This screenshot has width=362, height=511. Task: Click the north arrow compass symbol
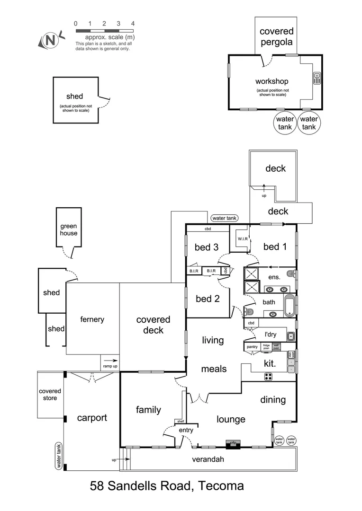(x=48, y=41)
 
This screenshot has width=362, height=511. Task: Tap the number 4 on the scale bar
(x=133, y=23)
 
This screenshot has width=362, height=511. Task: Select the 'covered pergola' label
(x=276, y=36)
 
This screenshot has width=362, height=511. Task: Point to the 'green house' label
(x=68, y=229)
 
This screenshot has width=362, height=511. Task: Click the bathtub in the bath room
(x=290, y=306)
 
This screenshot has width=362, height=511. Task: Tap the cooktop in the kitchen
(x=269, y=376)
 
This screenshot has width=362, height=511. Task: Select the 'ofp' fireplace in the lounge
(x=233, y=443)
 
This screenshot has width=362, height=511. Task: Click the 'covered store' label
(x=50, y=395)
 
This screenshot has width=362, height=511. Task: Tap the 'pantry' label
(x=252, y=347)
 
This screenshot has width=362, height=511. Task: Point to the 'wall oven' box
(x=276, y=347)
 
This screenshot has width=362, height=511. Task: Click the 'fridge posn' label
(x=266, y=347)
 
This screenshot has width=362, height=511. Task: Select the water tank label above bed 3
(x=225, y=218)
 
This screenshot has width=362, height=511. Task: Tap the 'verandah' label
(x=208, y=459)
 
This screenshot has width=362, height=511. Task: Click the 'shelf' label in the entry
(x=180, y=421)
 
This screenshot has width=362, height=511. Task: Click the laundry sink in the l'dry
(x=290, y=336)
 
